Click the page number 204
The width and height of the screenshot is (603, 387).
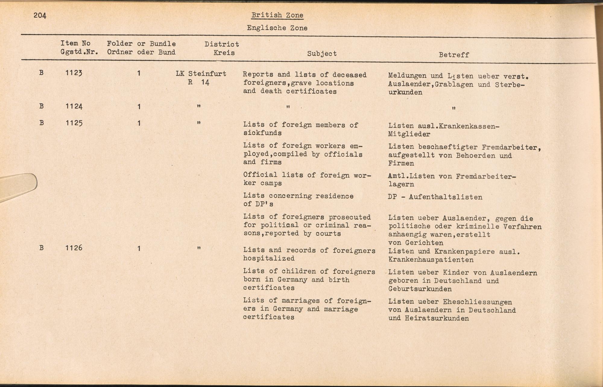[40, 15]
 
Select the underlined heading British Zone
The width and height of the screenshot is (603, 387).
[277, 15]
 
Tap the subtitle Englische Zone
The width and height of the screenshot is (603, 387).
[277, 28]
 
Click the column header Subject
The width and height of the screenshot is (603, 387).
[322, 54]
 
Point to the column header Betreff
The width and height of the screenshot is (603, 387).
[454, 55]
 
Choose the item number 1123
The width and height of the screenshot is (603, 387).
[74, 73]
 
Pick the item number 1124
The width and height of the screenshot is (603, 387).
[74, 106]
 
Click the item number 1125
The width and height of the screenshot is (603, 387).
[74, 123]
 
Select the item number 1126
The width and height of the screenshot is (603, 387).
[74, 248]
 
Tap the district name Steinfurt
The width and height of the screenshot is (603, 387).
[207, 74]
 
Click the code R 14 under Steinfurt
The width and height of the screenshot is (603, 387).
[199, 82]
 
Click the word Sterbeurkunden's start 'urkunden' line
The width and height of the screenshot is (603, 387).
[405, 93]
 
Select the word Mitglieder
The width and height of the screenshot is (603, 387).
[409, 134]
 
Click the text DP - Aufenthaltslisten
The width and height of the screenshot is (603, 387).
[435, 197]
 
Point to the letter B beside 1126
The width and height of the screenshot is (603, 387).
[41, 248]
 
